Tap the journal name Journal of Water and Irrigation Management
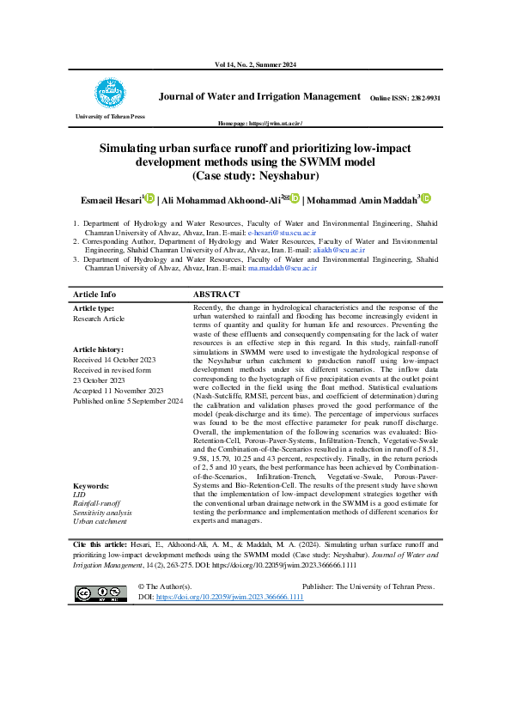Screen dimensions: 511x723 [259, 97]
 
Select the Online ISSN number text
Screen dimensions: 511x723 [405, 99]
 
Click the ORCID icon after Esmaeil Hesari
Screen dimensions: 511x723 [149, 199]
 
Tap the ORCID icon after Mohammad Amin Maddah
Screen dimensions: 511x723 [425, 199]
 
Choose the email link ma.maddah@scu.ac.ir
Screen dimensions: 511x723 [283, 268]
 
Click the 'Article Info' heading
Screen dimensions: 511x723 [94, 294]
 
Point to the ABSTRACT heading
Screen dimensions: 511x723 [216, 294]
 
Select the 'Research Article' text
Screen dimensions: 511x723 [99, 318]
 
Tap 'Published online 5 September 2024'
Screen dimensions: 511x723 [128, 401]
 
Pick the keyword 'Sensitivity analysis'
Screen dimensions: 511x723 [102, 513]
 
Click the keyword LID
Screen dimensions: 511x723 [79, 495]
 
